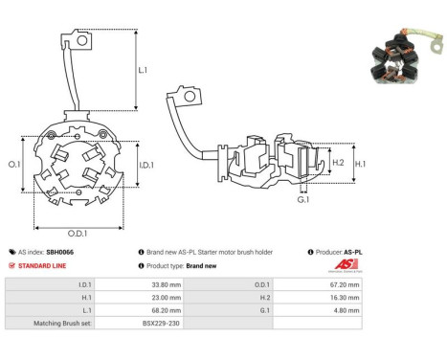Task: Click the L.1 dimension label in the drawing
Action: click(x=143, y=70)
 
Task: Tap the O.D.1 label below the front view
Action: click(x=78, y=234)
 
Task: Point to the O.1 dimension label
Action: click(x=14, y=165)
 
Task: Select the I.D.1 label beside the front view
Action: click(x=146, y=165)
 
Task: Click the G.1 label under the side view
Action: click(x=303, y=199)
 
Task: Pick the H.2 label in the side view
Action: click(x=338, y=163)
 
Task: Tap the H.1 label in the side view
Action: click(x=360, y=164)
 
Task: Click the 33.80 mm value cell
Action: click(x=167, y=284)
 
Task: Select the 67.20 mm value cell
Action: click(x=345, y=284)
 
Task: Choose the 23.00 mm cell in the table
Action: click(x=167, y=298)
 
